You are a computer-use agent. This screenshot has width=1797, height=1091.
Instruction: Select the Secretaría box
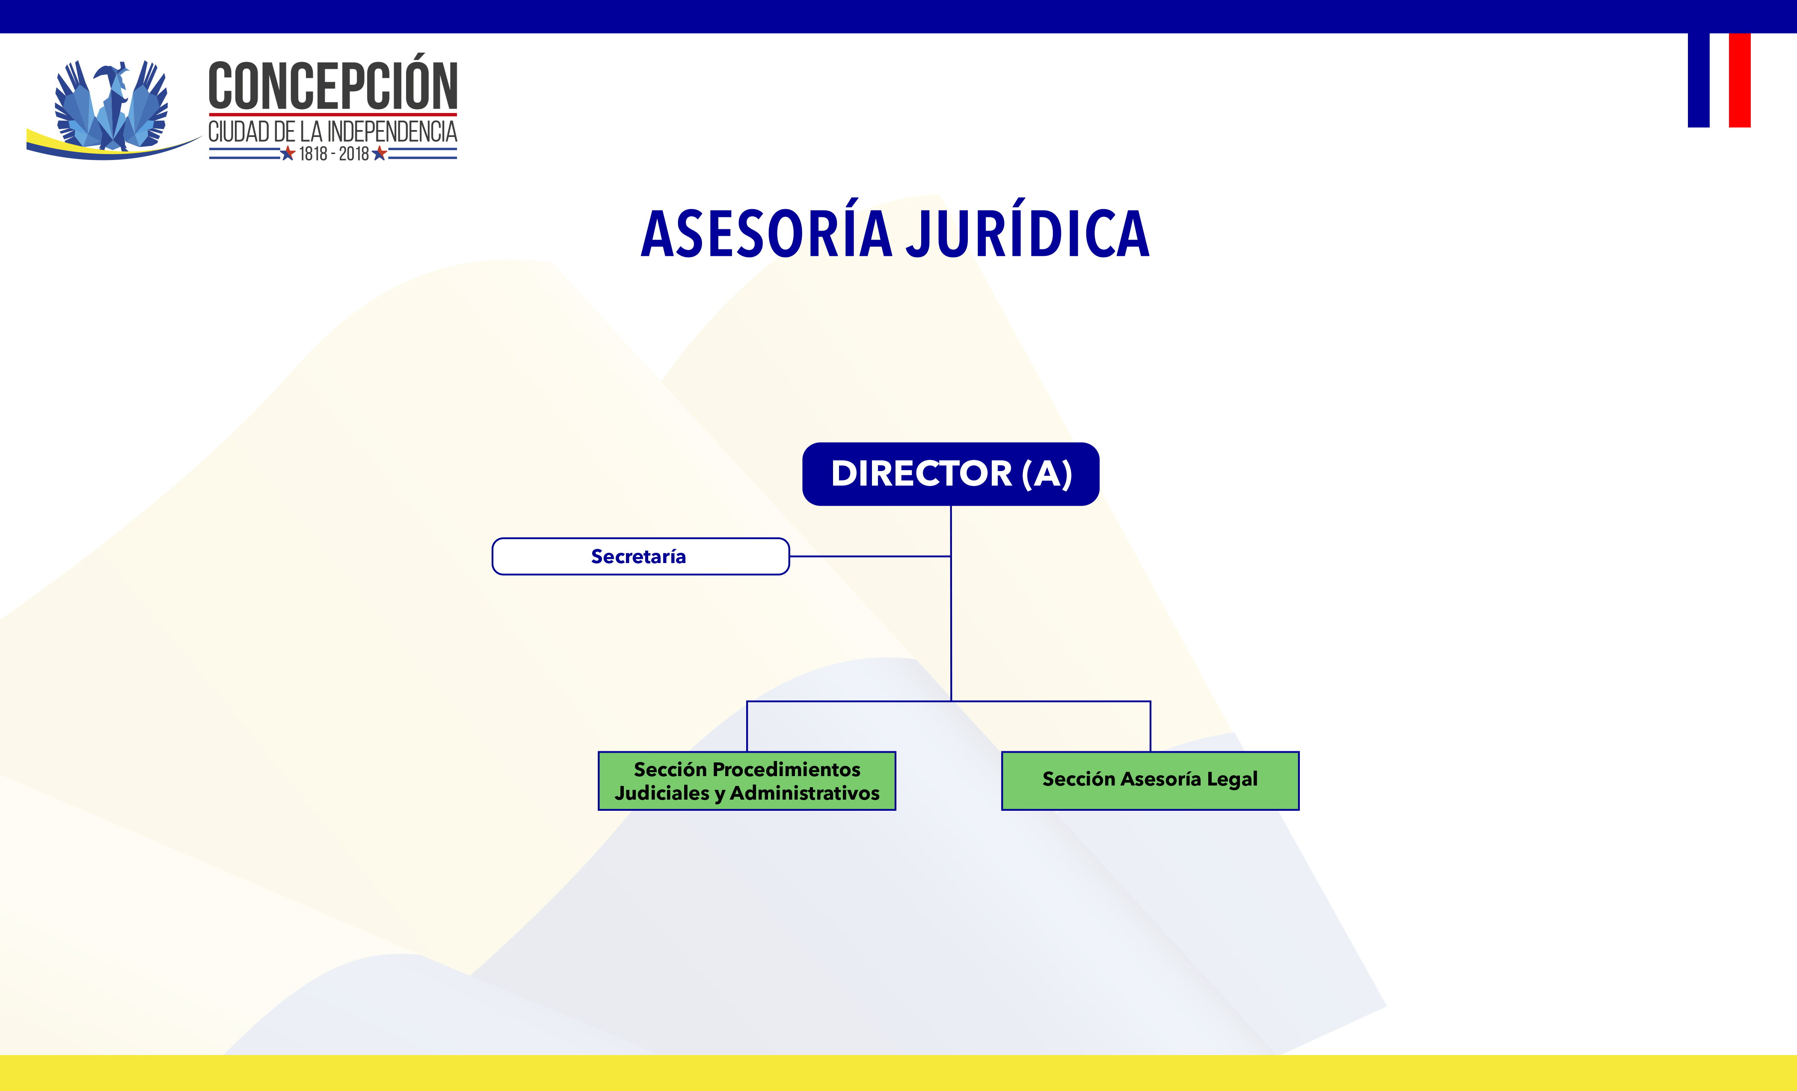(641, 557)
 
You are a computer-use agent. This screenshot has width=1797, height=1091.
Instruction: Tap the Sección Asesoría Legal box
(1150, 780)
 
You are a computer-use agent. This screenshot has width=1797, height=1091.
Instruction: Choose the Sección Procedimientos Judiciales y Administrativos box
(747, 780)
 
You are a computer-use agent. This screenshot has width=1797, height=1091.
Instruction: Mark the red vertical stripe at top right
(1739, 80)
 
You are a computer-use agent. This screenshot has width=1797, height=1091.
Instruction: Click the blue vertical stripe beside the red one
(1699, 80)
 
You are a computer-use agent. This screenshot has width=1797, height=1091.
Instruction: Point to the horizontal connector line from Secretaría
(870, 557)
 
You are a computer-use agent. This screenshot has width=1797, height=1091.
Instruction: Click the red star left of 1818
(288, 153)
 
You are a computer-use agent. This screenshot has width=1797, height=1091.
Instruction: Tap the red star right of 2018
(379, 153)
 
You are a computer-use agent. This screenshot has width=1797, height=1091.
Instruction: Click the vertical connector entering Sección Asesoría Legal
(1150, 726)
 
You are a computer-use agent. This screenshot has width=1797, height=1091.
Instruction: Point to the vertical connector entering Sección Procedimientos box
(747, 726)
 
